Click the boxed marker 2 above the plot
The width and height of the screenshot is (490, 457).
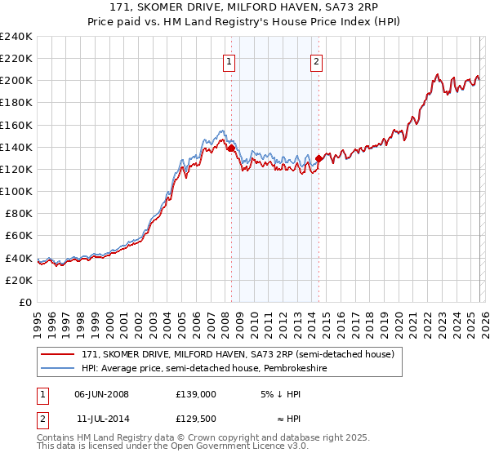pyautogui.click(x=316, y=60)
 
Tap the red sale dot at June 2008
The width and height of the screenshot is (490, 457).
pyautogui.click(x=231, y=149)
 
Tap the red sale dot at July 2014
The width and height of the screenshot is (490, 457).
pyautogui.click(x=318, y=159)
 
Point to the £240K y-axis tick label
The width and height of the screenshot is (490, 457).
pyautogui.click(x=16, y=37)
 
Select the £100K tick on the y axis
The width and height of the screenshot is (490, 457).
pyautogui.click(x=16, y=191)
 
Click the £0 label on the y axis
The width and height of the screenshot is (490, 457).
pyautogui.click(x=24, y=302)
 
